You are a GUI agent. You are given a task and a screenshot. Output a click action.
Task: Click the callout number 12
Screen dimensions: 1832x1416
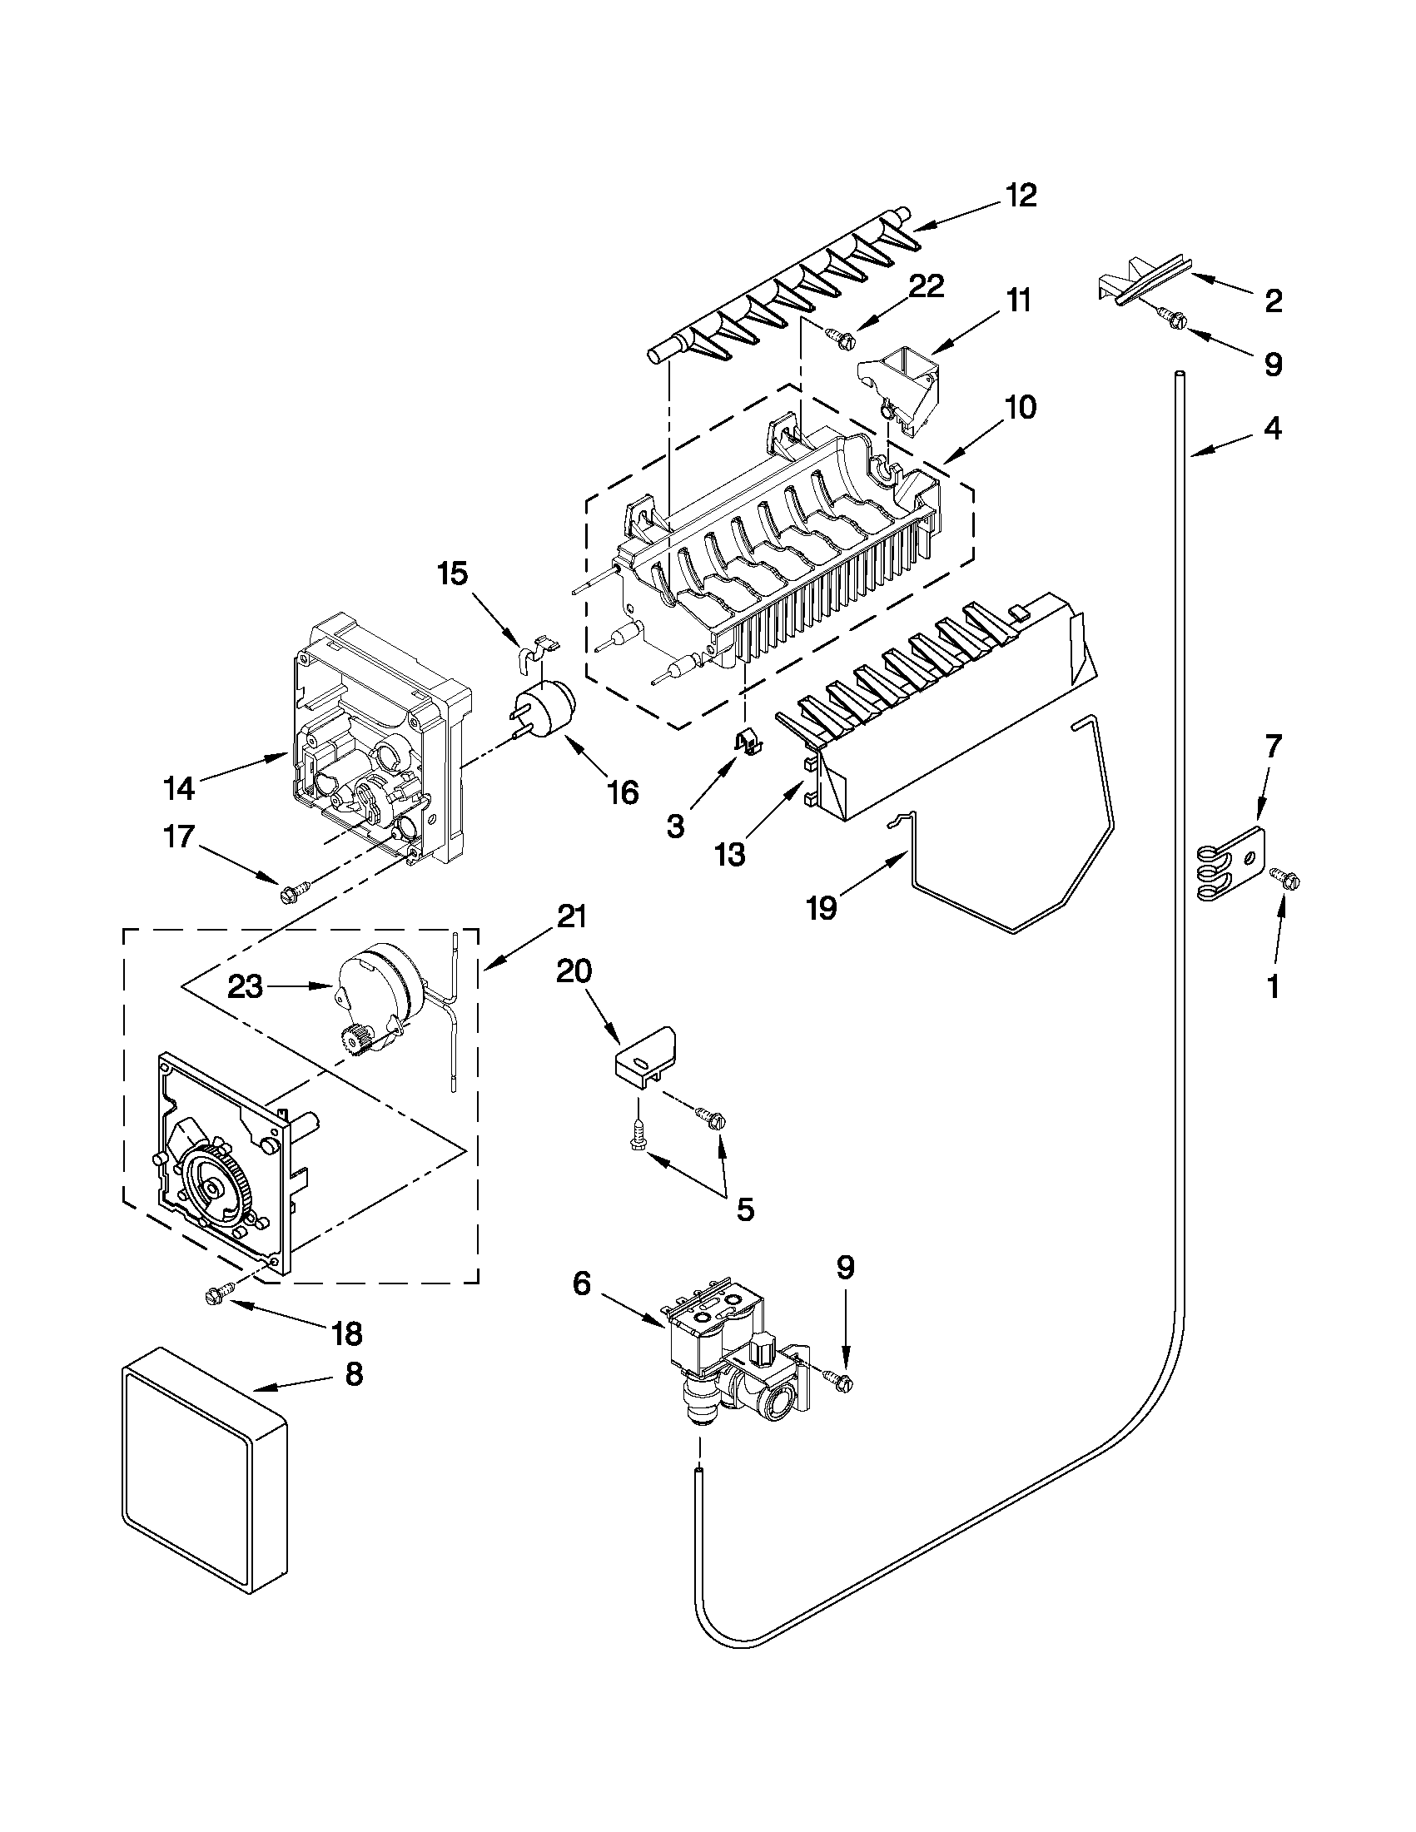click(1021, 195)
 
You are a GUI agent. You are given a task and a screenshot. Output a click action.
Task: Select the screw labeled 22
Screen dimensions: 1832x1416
click(842, 337)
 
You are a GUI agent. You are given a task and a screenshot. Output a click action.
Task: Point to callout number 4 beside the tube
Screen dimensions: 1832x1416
click(1272, 429)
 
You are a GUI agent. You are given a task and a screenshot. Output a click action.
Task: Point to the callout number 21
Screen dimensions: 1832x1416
click(570, 918)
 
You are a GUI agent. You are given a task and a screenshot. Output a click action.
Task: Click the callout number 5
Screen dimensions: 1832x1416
click(744, 1209)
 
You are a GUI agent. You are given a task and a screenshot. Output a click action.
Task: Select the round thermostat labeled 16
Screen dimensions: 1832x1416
click(546, 711)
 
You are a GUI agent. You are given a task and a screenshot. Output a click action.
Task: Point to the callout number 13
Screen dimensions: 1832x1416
click(730, 855)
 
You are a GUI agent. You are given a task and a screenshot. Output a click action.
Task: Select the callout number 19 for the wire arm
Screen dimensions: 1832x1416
click(822, 907)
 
